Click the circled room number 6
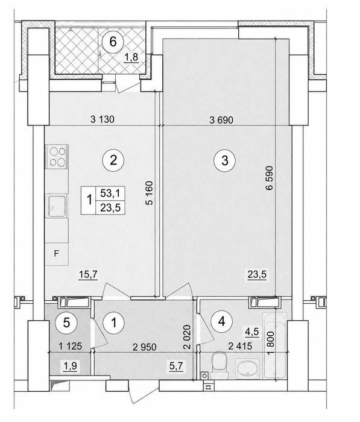point(113,42)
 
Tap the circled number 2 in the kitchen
point(113,160)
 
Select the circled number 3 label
point(224,161)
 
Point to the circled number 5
point(66,322)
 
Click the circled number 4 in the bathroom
point(221,321)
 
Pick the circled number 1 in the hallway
point(114,323)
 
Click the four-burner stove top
point(57,157)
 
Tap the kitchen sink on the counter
point(57,206)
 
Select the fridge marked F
point(57,254)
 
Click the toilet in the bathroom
point(219,366)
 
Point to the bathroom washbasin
point(247,368)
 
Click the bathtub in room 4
point(274,346)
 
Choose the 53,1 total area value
point(110,193)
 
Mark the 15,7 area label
point(88,275)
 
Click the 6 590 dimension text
point(269,178)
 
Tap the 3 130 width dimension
point(103,119)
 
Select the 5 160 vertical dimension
point(149,194)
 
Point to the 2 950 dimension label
point(144,347)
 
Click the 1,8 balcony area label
point(131,57)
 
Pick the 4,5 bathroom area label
point(251,332)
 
